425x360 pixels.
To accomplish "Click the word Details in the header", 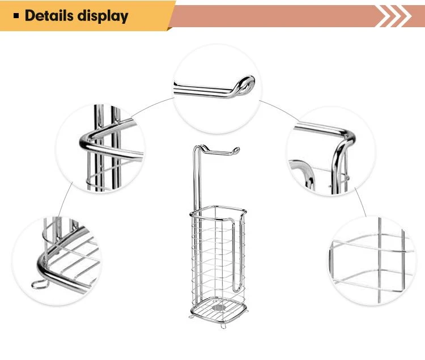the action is pyautogui.click(x=49, y=15).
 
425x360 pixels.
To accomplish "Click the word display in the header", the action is pyautogui.click(x=103, y=16).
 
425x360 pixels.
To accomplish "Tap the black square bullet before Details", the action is pyautogui.click(x=16, y=16).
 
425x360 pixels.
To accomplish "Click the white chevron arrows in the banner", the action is pyautogui.click(x=394, y=16).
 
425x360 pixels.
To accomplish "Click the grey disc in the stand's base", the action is pyautogui.click(x=219, y=308).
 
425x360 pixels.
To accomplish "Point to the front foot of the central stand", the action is pyautogui.click(x=223, y=327).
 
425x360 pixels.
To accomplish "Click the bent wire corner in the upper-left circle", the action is pyautogui.click(x=84, y=142).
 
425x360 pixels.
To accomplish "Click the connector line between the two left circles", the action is pyautogui.click(x=66, y=199).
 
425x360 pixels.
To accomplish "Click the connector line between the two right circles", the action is pyautogui.click(x=360, y=202).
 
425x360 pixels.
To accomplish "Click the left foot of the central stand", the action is pyautogui.click(x=191, y=316).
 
